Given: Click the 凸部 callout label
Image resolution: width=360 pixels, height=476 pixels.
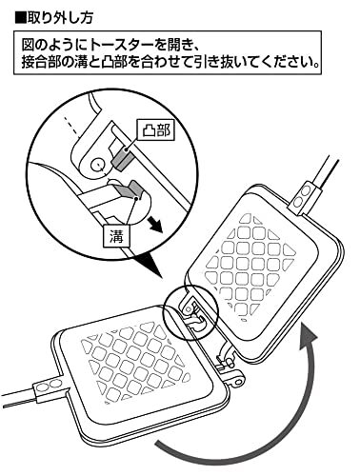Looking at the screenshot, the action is coord(155,130).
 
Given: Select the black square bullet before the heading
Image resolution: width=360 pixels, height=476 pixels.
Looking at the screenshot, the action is coord(20,18).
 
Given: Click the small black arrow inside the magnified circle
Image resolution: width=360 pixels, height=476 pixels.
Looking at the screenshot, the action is coord(154,224).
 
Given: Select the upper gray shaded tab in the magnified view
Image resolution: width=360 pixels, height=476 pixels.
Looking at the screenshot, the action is coord(122,159).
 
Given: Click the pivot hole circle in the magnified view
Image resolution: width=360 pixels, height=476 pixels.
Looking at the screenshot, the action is coord(96,165).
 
